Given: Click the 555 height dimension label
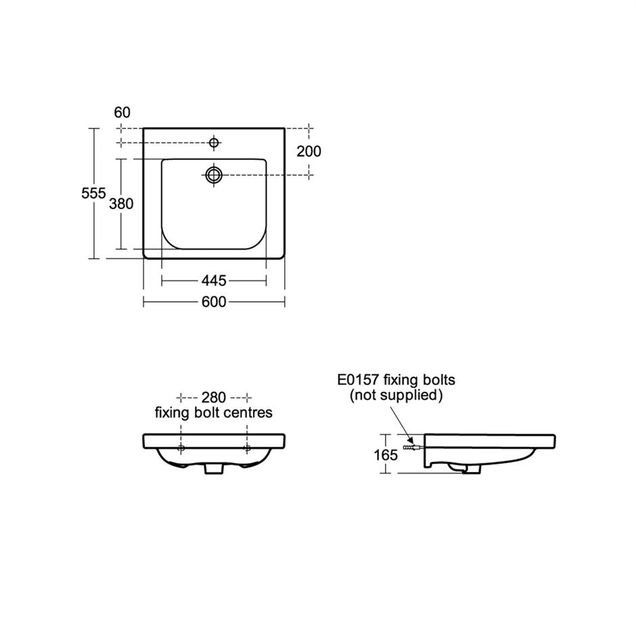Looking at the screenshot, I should (93, 194).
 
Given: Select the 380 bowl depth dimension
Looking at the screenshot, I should (121, 204).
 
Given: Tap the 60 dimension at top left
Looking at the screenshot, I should (122, 112).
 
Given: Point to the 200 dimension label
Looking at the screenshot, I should (309, 152).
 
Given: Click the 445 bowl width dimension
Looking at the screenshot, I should (214, 280).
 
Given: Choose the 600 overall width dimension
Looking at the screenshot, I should (214, 302).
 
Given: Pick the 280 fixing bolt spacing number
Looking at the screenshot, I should (214, 397).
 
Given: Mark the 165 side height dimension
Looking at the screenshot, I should (386, 455).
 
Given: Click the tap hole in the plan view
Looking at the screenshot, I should (214, 143).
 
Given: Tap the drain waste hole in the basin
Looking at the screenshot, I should (214, 175).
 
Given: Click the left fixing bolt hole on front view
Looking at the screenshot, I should (181, 448).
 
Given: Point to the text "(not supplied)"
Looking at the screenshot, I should (396, 396).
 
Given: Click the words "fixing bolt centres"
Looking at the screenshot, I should (214, 413).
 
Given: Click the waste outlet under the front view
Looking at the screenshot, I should (214, 468).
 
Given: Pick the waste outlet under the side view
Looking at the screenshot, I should (467, 468).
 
